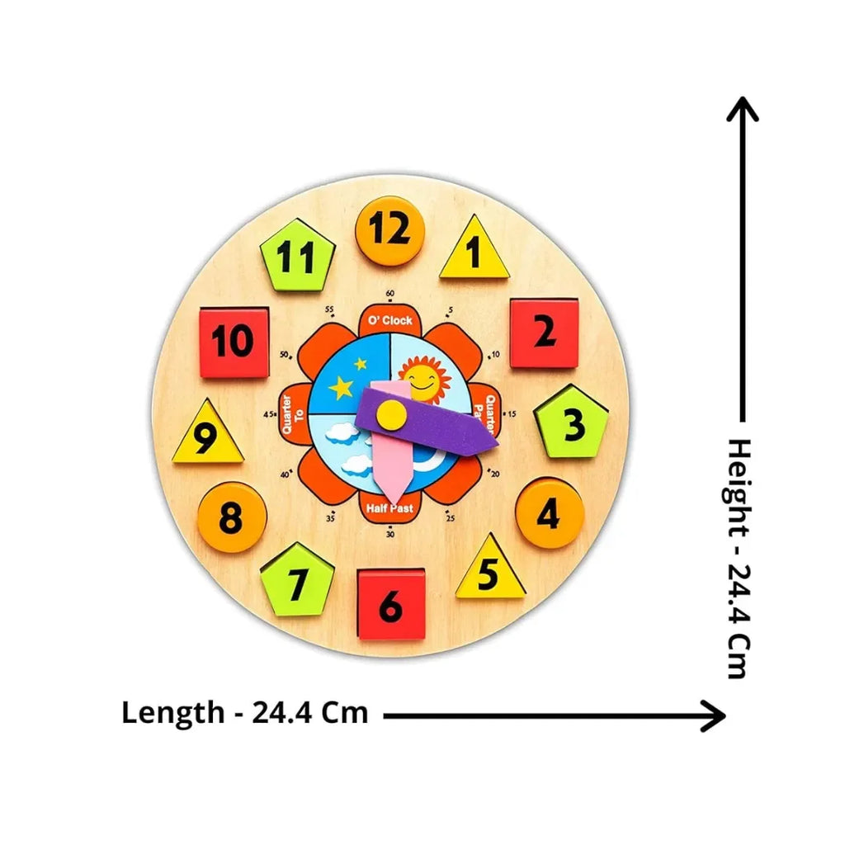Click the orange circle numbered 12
[389, 231]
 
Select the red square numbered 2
[544, 333]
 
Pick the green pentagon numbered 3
[572, 422]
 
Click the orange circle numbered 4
[549, 513]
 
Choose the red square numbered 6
[391, 604]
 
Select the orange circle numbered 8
[232, 517]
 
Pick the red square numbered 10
[234, 341]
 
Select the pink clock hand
[388, 470]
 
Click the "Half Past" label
[390, 508]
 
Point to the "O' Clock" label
[390, 320]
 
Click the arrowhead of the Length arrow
[716, 715]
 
